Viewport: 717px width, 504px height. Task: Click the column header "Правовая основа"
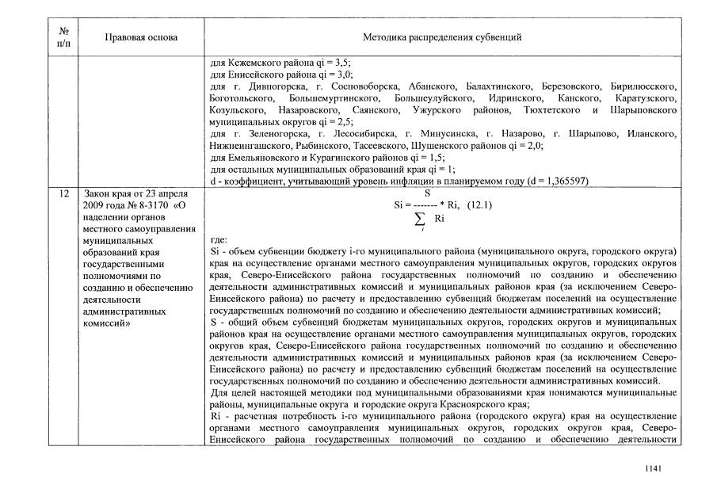141,37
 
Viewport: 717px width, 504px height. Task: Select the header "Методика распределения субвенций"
441,37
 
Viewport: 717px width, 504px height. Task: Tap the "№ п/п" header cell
63,37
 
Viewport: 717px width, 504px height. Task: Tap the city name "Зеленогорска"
267,134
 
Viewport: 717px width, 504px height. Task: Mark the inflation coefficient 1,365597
560,181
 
